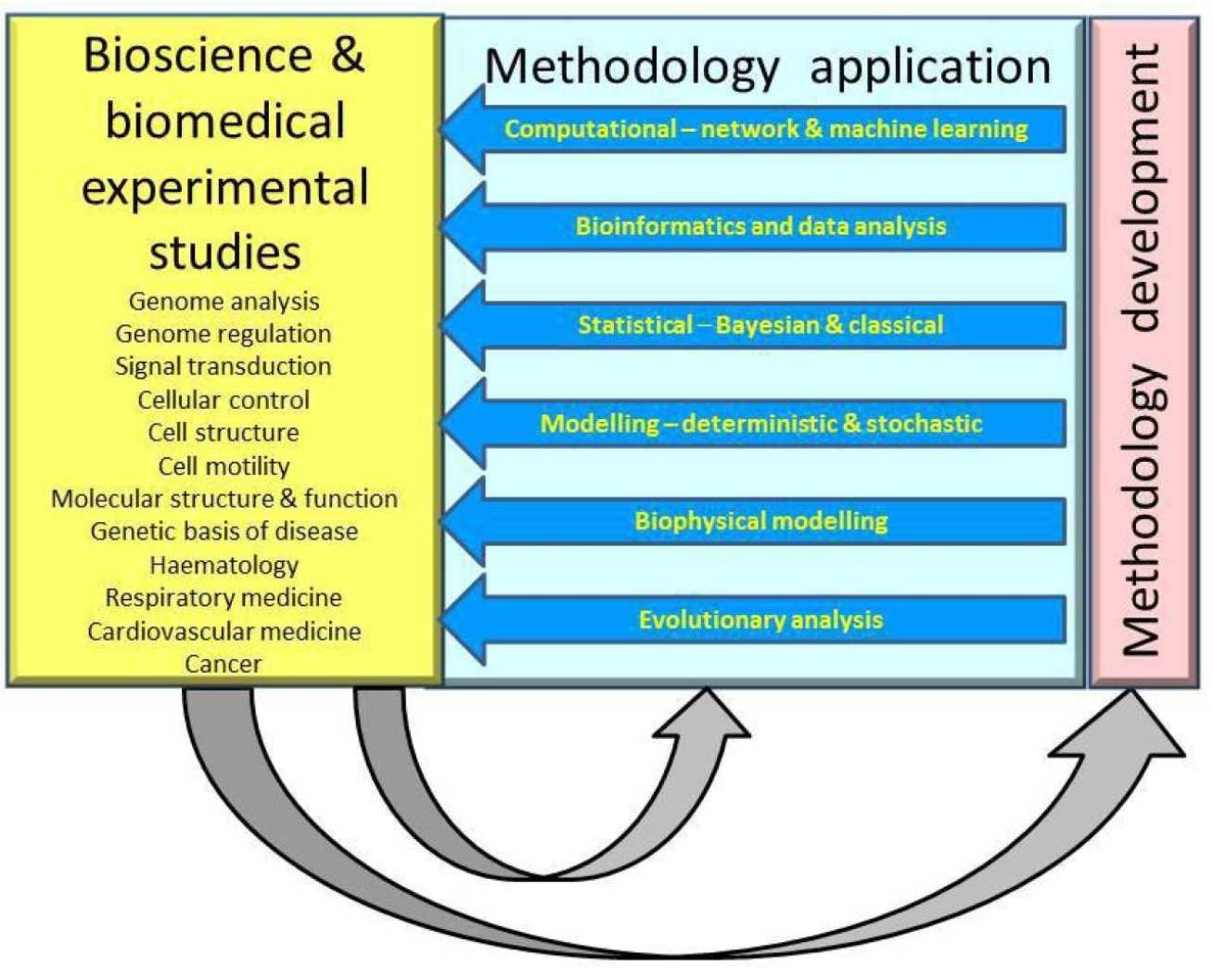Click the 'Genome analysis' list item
click(x=223, y=301)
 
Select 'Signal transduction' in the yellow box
click(x=223, y=366)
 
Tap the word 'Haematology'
click(x=223, y=565)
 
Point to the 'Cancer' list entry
click(x=223, y=664)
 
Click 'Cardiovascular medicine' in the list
click(x=223, y=631)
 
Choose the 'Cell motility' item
click(x=223, y=465)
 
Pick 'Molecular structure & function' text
click(x=223, y=499)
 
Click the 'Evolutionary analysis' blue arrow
click(x=760, y=619)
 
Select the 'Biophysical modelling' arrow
click(x=760, y=521)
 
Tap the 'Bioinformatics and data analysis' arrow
click(x=760, y=226)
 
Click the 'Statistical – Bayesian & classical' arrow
click(x=760, y=325)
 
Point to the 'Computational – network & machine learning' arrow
click(x=766, y=129)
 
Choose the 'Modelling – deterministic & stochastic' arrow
click(x=760, y=424)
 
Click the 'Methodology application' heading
click(x=767, y=67)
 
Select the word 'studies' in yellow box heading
click(x=224, y=252)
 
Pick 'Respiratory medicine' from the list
click(x=223, y=598)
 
